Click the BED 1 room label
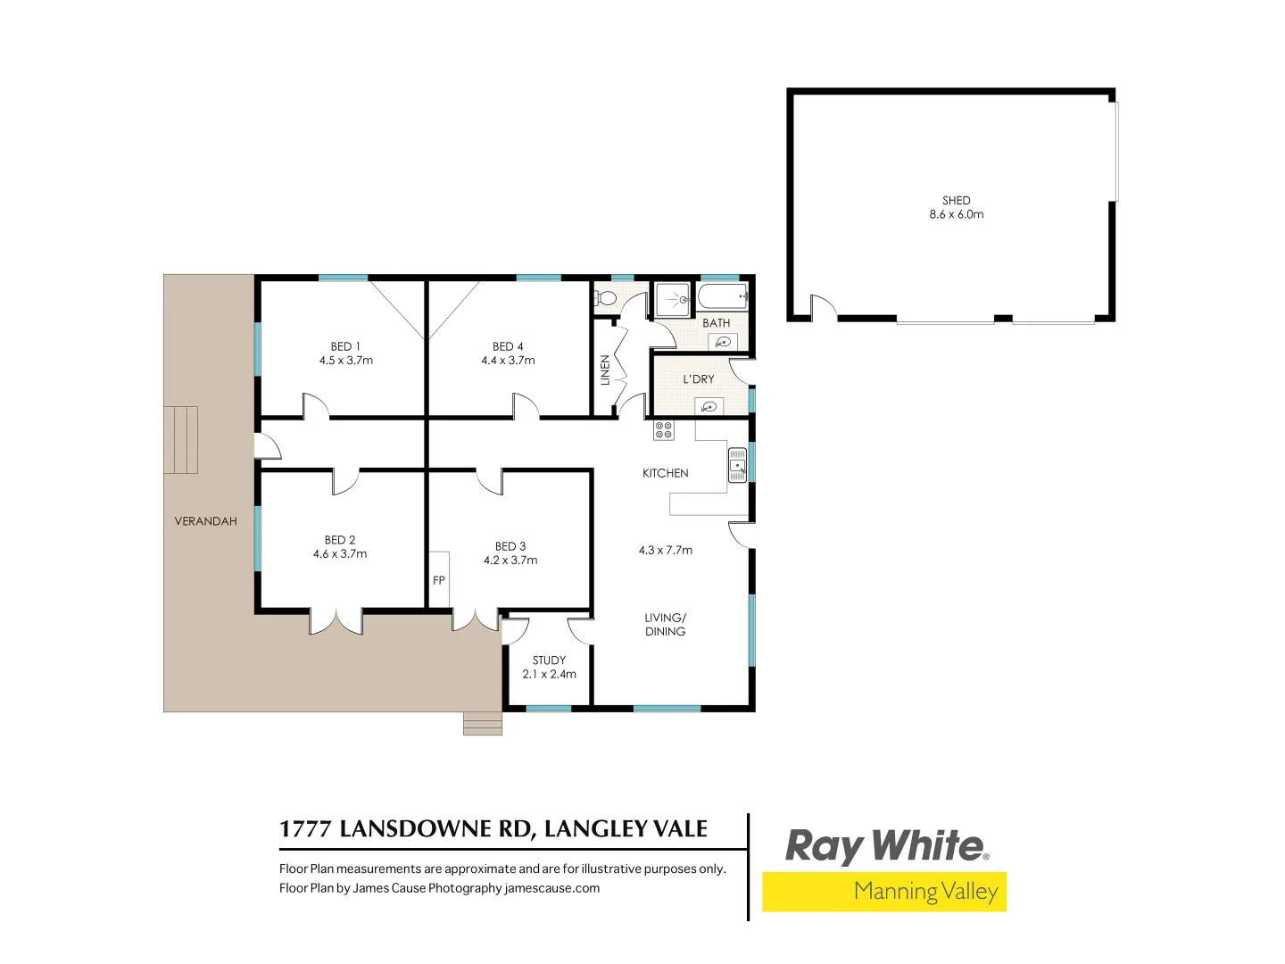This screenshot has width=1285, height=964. click(345, 346)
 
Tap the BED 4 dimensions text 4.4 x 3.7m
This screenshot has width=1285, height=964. click(508, 361)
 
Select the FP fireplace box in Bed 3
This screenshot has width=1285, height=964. click(439, 580)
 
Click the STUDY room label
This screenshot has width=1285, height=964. click(549, 661)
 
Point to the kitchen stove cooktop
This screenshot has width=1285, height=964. click(664, 430)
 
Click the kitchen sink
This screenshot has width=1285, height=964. click(737, 465)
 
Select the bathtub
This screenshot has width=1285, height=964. click(722, 296)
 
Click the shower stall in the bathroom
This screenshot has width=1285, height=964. click(673, 299)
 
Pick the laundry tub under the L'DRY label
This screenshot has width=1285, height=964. click(709, 408)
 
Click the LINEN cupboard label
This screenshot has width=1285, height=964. click(605, 370)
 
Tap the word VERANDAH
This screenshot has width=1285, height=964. click(206, 521)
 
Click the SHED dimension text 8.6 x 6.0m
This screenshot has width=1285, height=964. click(957, 214)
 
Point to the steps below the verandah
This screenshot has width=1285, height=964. click(483, 723)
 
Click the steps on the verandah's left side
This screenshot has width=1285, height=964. click(180, 439)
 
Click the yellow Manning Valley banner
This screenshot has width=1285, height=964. click(884, 892)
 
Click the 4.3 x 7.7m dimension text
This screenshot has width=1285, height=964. click(666, 550)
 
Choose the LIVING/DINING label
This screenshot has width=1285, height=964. click(666, 624)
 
